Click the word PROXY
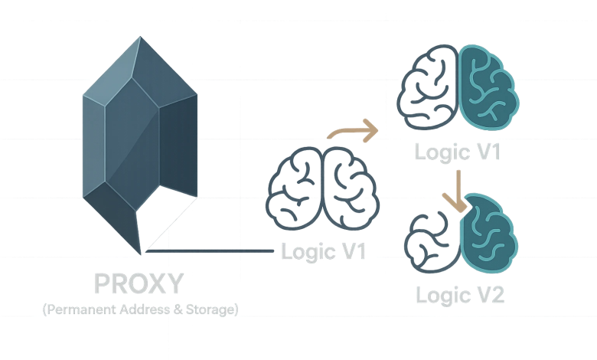pos(139,284)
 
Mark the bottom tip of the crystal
pos(142,254)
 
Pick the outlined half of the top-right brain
pos(431,90)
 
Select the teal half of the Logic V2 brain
pos(488,234)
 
